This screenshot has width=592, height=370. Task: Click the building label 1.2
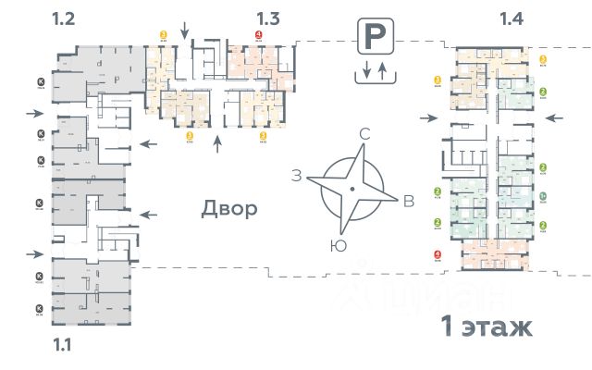[x=64, y=18]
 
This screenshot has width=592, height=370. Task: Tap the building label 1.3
[x=268, y=18]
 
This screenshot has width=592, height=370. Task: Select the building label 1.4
[x=512, y=18]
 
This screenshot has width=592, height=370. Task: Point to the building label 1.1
[x=63, y=345]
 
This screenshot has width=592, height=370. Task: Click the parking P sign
[x=373, y=39]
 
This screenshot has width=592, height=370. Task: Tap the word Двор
[x=228, y=208]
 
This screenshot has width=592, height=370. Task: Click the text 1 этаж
[x=485, y=327]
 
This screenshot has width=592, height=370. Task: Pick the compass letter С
[x=364, y=135]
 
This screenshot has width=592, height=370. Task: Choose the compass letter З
[x=297, y=176]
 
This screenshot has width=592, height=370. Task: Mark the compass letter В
[x=408, y=203]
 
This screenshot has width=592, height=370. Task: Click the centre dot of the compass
[x=351, y=190]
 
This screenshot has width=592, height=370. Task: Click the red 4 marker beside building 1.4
[x=437, y=254]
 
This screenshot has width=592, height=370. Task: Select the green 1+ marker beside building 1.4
[x=543, y=196]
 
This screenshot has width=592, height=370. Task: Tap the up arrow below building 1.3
[x=218, y=143]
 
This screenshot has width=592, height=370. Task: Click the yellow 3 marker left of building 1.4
[x=437, y=80]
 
